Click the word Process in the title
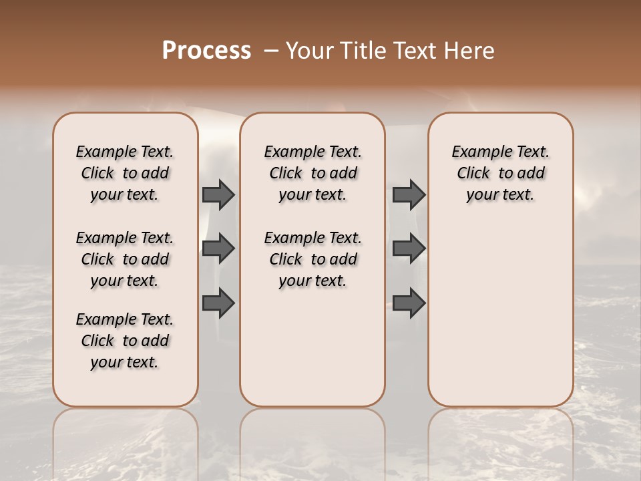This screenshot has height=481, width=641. click(206, 51)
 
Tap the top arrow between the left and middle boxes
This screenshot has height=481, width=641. click(218, 194)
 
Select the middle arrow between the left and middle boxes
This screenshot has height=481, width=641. click(218, 249)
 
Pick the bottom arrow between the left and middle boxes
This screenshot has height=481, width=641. click(218, 303)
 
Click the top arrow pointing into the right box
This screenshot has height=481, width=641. click(409, 194)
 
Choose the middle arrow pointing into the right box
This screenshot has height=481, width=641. click(409, 249)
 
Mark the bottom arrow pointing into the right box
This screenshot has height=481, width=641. click(409, 303)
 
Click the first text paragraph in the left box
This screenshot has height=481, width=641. click(125, 173)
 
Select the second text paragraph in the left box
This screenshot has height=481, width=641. click(125, 259)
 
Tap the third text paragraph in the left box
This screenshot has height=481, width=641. click(125, 341)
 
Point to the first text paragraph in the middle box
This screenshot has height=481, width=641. click(312, 173)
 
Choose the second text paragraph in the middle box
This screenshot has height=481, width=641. click(312, 259)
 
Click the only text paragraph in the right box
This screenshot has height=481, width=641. click(500, 173)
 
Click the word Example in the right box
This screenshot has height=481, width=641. click(477, 152)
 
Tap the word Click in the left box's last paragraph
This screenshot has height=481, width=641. click(97, 341)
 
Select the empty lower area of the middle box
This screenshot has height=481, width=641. click(312, 347)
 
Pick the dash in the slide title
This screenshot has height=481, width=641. click(271, 51)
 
